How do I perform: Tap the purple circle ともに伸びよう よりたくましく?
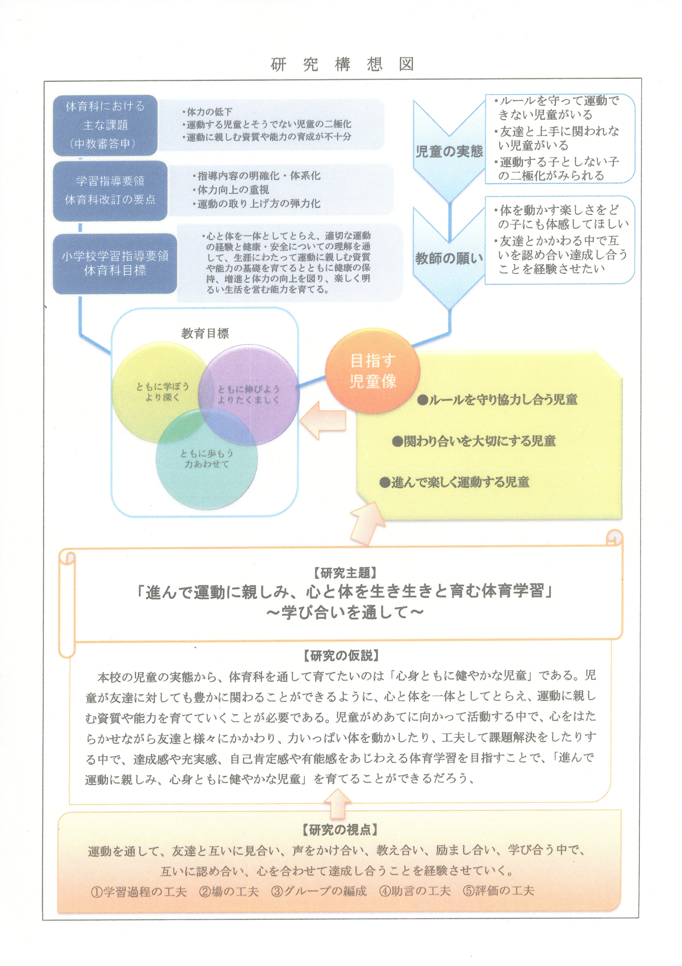[x=249, y=395]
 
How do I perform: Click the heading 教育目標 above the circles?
[x=205, y=333]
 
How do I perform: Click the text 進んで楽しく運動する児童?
[x=454, y=482]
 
